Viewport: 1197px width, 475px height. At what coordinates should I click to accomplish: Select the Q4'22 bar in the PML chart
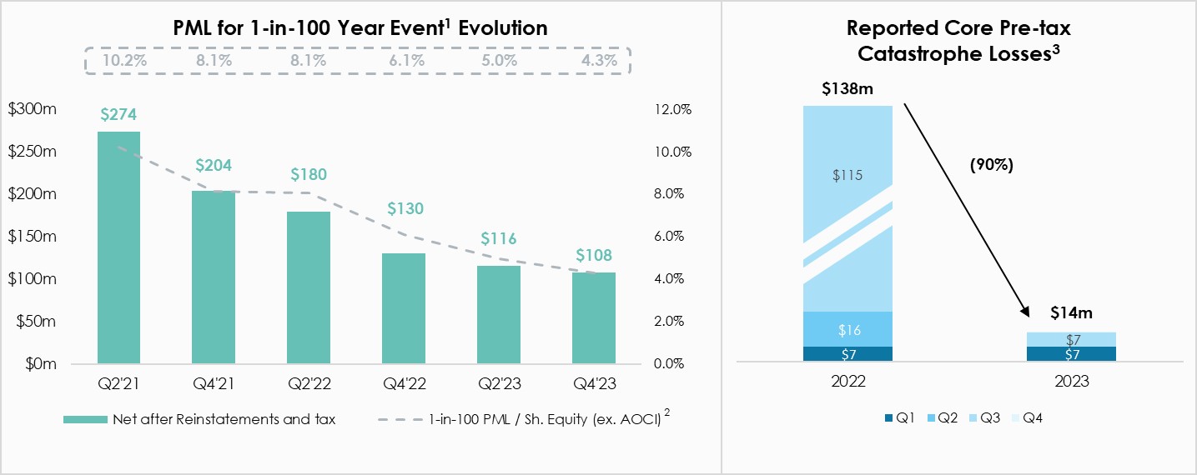[x=404, y=308]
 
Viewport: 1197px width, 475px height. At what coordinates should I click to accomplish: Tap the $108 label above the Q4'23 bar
[x=593, y=255]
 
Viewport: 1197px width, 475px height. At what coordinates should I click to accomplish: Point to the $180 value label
[x=309, y=175]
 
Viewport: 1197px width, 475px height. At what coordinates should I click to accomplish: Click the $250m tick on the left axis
[x=32, y=152]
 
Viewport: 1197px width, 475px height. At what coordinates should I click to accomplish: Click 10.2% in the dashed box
[x=119, y=60]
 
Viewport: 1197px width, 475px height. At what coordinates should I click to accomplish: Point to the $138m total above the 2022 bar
[x=847, y=88]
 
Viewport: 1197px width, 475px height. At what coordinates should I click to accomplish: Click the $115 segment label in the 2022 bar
[x=847, y=176]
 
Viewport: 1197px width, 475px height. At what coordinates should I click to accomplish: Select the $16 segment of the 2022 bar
[x=847, y=330]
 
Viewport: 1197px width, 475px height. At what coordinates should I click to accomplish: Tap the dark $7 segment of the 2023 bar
[x=1071, y=355]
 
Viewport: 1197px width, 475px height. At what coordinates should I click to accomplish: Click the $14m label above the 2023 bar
[x=1071, y=313]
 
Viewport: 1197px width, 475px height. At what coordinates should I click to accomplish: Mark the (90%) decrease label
[x=991, y=165]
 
